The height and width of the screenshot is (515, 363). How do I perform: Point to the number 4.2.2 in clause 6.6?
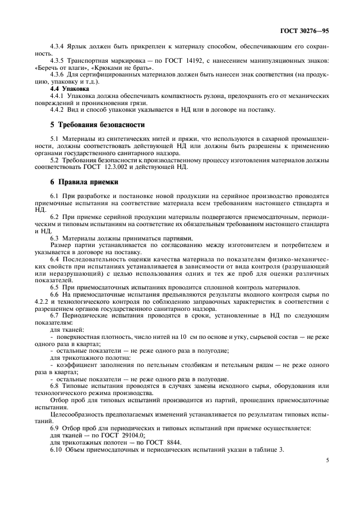coord(43,302)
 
